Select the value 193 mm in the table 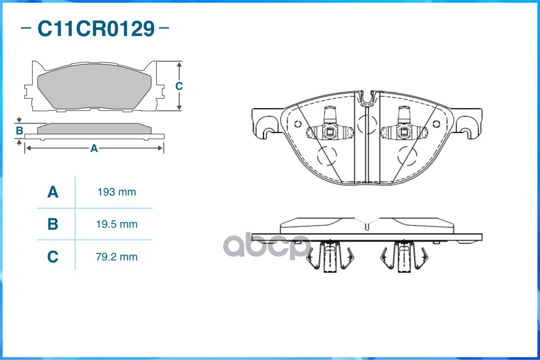[x=117, y=192]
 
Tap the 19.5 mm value [x=117, y=224]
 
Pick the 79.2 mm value [x=117, y=257]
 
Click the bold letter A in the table [x=53, y=192]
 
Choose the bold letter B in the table [x=53, y=224]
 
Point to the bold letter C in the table [x=53, y=257]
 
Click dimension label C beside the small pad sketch [x=179, y=86]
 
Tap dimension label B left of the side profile [x=19, y=131]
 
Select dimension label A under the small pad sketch [x=94, y=148]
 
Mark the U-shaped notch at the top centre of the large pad [x=368, y=98]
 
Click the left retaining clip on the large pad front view [x=330, y=129]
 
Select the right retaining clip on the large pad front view [x=404, y=129]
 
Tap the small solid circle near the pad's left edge [x=297, y=124]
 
